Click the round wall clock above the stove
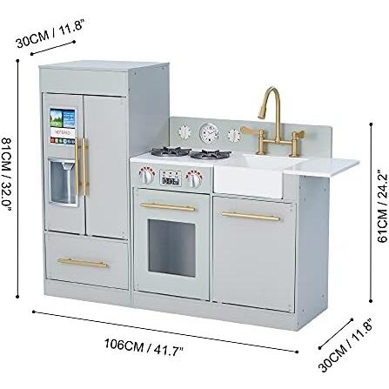coord(209,133)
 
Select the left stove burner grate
coord(171,151)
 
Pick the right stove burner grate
coord(211,154)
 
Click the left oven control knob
coord(146,175)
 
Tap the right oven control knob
coord(194,178)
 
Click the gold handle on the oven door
coord(168,206)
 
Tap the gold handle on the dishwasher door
coord(251,217)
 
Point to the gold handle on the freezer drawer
coord(83,263)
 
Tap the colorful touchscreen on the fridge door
coord(63,126)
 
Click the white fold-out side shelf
coord(321,167)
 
